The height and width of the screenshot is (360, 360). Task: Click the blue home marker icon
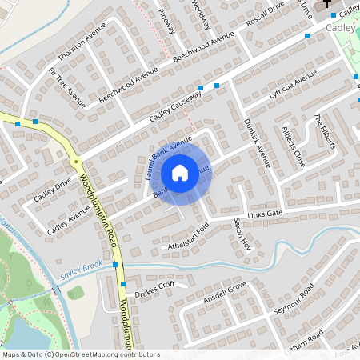coord(180,172)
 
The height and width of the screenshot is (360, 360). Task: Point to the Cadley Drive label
coord(52,190)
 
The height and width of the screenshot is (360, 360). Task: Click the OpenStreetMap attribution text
coord(80,354)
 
